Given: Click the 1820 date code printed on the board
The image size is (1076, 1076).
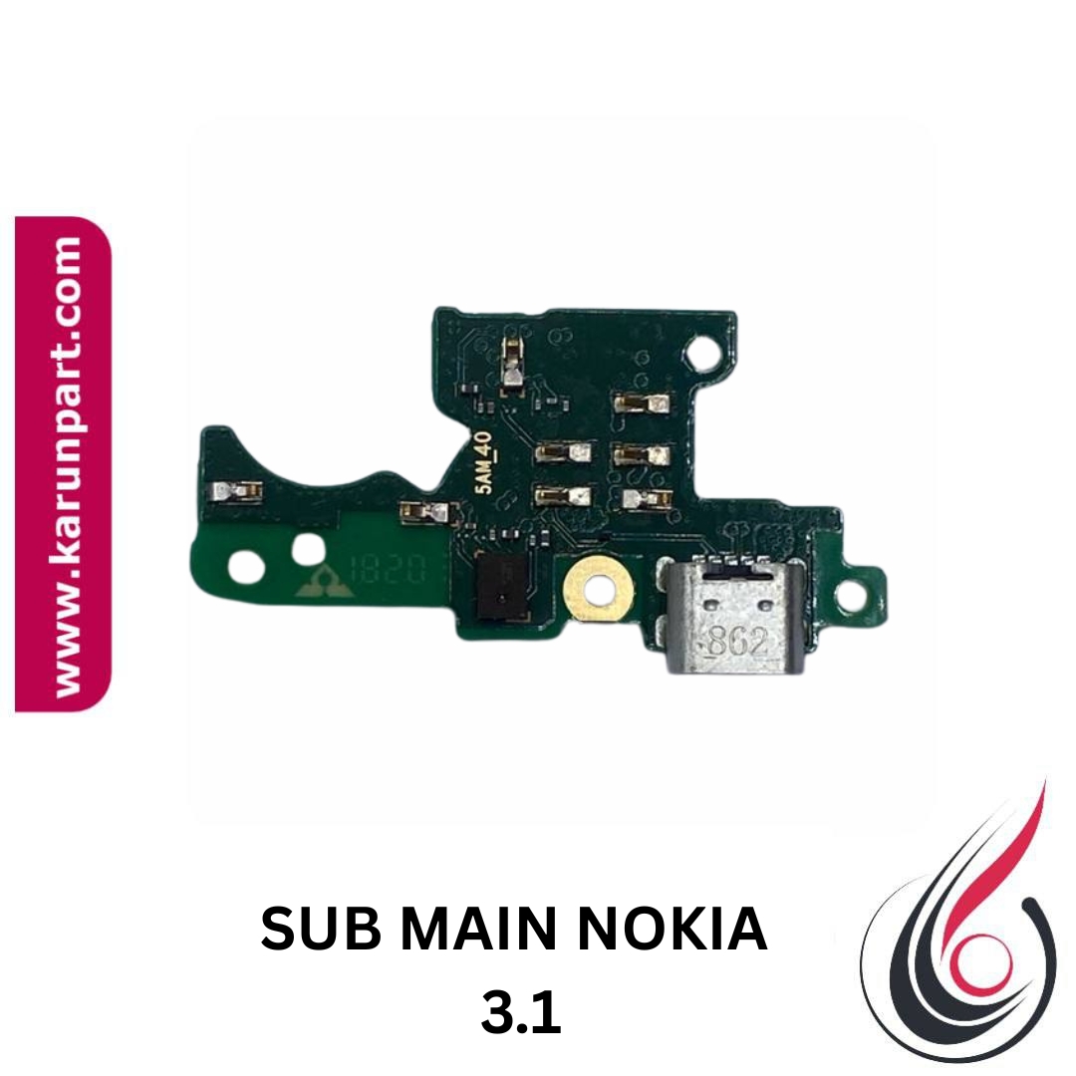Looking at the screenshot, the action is coord(388,569).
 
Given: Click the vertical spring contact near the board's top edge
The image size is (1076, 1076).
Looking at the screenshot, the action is coord(513,364).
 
